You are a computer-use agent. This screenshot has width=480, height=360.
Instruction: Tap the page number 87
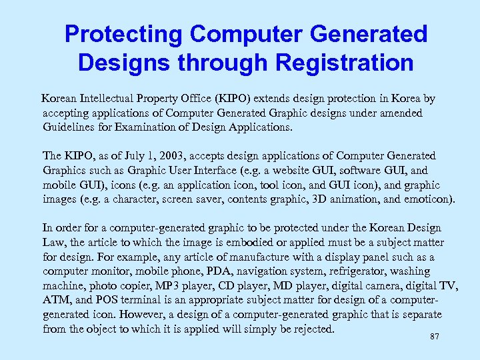point(435,337)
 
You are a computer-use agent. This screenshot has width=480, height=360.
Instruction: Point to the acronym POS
point(107,301)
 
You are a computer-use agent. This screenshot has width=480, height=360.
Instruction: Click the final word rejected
point(312,329)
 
